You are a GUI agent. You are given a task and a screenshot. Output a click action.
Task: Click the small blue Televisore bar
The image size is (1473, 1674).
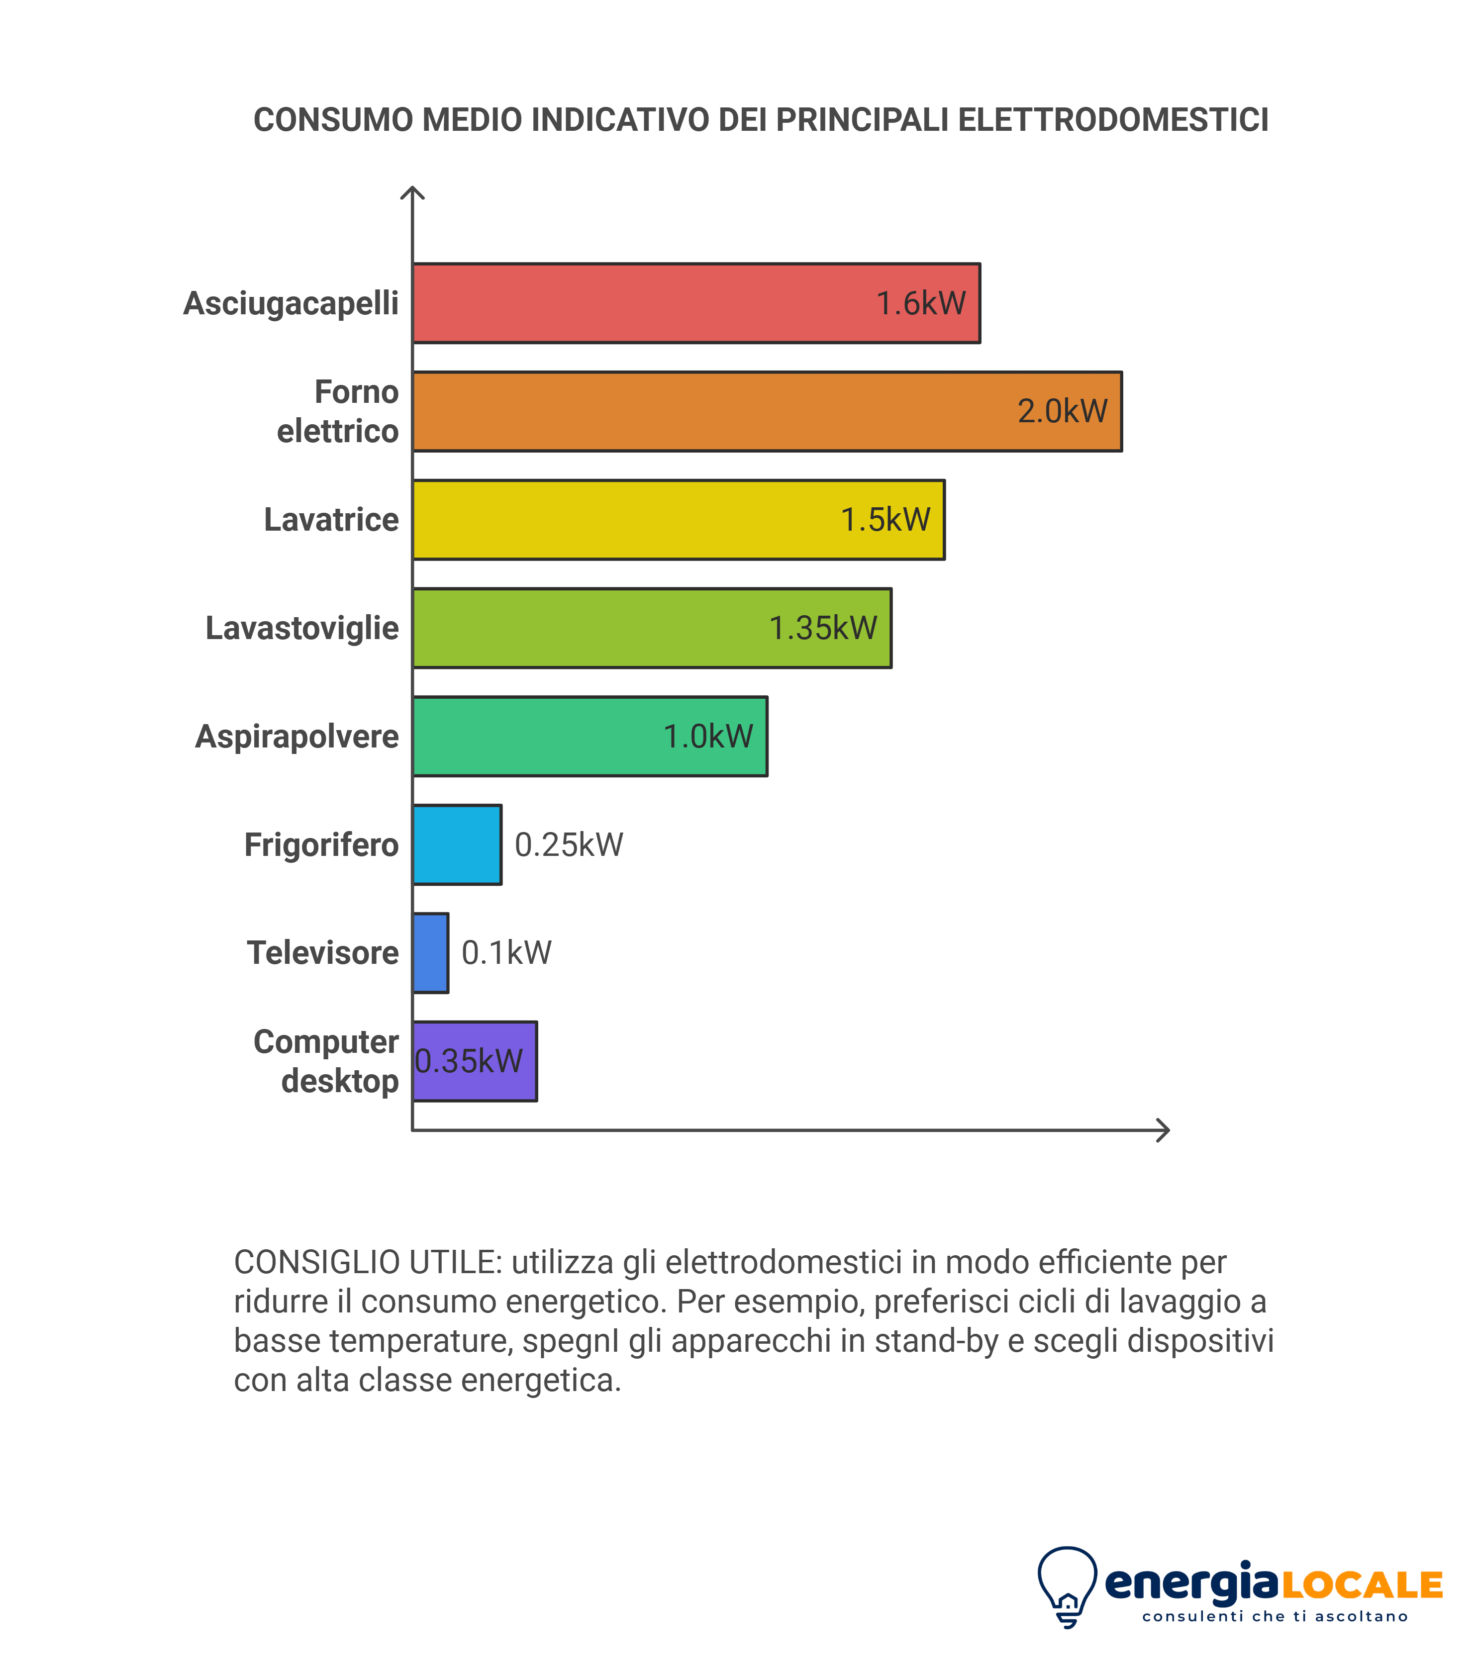[430, 952]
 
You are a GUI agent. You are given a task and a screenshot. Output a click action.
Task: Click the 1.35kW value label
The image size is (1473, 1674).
[822, 628]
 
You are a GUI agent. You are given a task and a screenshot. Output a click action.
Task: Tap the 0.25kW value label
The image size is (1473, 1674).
[569, 845]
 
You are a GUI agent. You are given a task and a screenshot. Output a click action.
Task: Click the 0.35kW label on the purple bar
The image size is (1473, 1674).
[469, 1061]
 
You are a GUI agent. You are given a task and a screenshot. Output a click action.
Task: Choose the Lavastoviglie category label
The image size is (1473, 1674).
[301, 628]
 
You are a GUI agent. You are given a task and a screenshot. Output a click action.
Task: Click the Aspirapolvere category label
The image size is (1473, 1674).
[296, 736]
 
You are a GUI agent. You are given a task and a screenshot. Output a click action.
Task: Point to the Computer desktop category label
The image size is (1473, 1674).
[326, 1061]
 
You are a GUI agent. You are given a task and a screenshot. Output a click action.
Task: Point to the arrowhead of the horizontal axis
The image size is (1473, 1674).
[1163, 1130]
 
